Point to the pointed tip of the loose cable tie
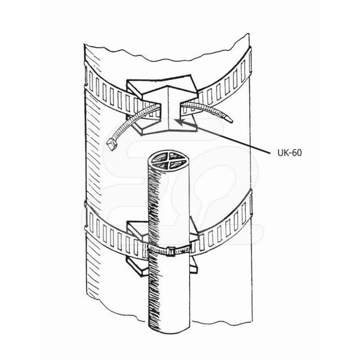[x=228, y=119]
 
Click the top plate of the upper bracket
[x=163, y=84]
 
